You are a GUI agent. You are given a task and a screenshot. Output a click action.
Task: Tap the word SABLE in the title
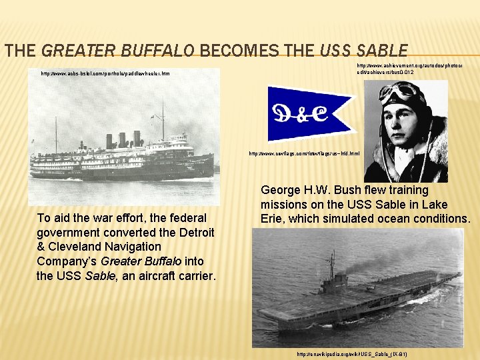pyautogui.click(x=381, y=50)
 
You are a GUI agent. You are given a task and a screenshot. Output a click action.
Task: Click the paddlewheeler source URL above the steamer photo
pyautogui.click(x=105, y=73)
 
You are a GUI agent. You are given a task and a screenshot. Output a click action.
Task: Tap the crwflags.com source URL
pyautogui.click(x=304, y=153)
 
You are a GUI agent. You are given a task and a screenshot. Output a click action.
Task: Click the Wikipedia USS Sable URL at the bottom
pyautogui.click(x=352, y=353)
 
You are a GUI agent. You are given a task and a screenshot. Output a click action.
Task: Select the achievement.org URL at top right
pyautogui.click(x=409, y=69)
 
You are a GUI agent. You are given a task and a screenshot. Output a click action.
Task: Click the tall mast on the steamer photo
pyautogui.click(x=163, y=120)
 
